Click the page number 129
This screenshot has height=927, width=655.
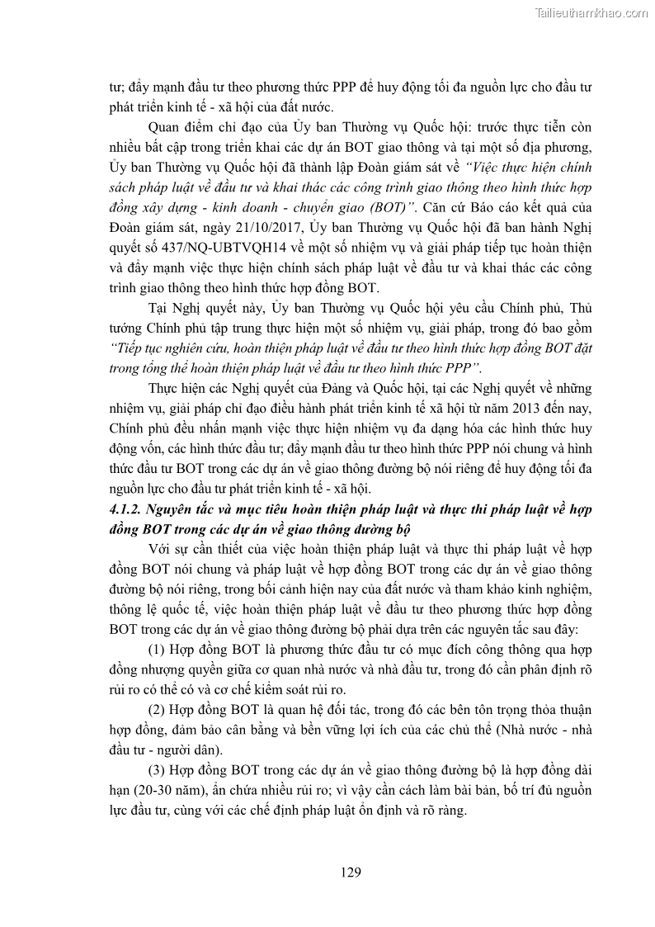tap(351, 872)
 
